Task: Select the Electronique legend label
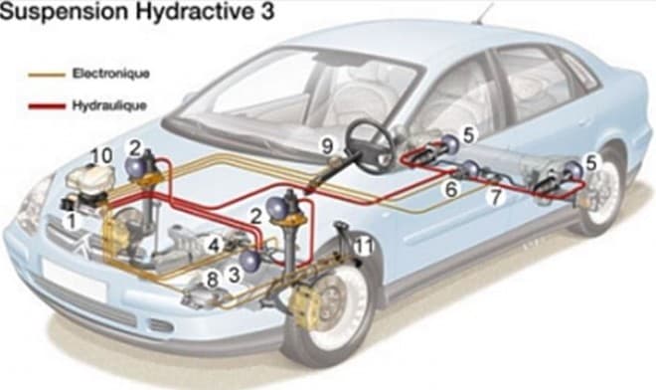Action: tap(111, 74)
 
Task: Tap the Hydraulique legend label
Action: tap(109, 104)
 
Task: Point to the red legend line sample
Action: tap(47, 106)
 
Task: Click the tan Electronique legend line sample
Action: tap(47, 75)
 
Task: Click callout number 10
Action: tap(101, 156)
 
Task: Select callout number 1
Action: tap(72, 221)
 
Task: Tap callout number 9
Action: tap(327, 146)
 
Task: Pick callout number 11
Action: tap(363, 247)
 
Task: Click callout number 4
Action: tap(214, 245)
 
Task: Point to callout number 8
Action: tap(213, 280)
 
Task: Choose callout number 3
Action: tap(235, 276)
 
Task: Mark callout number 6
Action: tap(451, 189)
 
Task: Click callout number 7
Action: tap(496, 197)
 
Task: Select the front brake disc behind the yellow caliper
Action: tap(331, 303)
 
